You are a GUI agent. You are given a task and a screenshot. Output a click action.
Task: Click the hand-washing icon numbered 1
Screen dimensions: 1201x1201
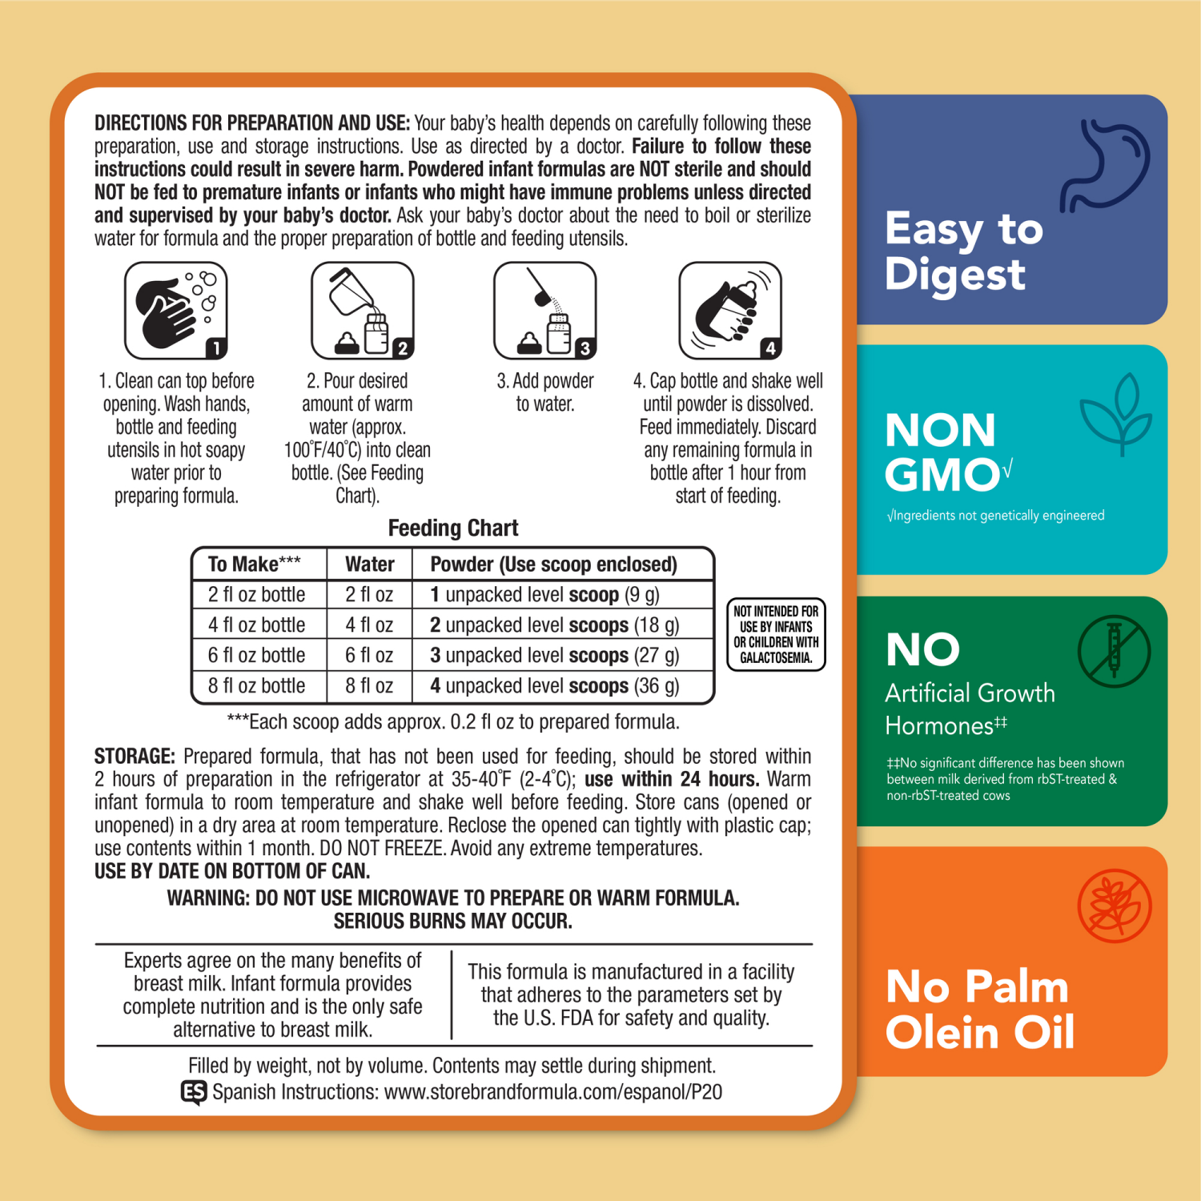point(176,311)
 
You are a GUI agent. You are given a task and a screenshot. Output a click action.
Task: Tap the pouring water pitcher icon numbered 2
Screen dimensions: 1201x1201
point(362,311)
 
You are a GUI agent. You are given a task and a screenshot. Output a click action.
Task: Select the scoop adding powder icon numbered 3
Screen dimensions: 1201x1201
point(544,311)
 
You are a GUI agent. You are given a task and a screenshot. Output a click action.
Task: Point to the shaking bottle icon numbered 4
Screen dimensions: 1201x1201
point(729,311)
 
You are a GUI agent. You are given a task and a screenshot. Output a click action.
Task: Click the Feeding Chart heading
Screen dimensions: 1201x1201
point(452,528)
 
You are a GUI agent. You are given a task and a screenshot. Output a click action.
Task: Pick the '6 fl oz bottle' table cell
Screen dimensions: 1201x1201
point(257,655)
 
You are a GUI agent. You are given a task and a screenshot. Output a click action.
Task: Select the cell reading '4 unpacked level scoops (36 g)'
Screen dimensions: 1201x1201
point(554,686)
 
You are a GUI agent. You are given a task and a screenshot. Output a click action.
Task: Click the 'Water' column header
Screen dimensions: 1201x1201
point(369,564)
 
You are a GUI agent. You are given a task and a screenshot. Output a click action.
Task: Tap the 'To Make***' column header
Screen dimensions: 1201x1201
point(254,564)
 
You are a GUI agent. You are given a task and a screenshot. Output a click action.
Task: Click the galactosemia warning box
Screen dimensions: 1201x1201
point(775,634)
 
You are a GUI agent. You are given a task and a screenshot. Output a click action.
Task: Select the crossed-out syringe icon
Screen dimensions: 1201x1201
point(1113,651)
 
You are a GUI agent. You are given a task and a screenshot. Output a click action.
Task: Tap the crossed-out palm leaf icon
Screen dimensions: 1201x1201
point(1114,906)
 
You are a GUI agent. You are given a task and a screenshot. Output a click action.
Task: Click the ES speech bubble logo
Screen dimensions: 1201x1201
point(194,1092)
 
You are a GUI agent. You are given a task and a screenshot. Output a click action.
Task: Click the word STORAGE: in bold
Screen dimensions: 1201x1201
point(135,757)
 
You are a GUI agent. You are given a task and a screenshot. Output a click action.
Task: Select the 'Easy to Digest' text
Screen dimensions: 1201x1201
point(963,251)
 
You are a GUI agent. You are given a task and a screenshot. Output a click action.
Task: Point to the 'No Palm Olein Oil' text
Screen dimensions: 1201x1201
point(978,1009)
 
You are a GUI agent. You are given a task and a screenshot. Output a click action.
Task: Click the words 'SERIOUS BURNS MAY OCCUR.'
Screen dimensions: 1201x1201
point(452,922)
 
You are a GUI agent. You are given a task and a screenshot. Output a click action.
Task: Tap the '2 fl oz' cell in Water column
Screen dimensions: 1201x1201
point(369,595)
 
